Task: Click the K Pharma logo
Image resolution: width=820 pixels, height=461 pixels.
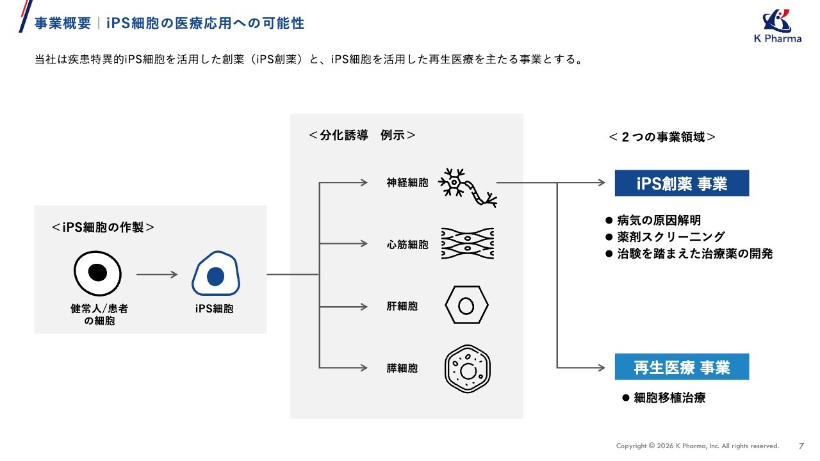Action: click(778, 26)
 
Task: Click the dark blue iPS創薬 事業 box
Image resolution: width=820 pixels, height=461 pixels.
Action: click(682, 183)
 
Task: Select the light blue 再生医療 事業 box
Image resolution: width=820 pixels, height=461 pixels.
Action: click(682, 367)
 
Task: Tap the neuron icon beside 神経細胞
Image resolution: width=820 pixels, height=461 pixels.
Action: click(468, 188)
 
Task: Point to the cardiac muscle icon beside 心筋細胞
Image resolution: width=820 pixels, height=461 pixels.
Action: click(468, 243)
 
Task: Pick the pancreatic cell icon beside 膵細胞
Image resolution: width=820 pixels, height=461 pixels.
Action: click(468, 369)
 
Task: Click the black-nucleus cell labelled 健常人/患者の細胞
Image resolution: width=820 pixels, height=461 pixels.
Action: click(97, 273)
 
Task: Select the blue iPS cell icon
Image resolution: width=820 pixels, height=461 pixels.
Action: click(216, 273)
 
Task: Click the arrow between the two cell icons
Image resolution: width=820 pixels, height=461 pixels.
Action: click(157, 275)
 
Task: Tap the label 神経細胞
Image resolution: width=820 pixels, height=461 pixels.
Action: click(407, 182)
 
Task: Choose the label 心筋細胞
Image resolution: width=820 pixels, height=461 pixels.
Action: click(407, 245)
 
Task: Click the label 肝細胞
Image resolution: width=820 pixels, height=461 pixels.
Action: click(402, 306)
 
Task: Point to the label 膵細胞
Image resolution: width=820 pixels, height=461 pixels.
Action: click(402, 368)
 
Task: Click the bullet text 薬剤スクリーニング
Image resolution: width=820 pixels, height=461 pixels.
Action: click(671, 237)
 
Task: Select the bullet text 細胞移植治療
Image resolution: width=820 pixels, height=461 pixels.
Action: click(669, 398)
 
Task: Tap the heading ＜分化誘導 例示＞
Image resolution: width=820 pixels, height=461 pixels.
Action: click(362, 135)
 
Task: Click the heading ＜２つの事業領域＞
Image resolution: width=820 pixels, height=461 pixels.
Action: click(662, 137)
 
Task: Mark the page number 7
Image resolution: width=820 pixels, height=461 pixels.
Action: click(801, 446)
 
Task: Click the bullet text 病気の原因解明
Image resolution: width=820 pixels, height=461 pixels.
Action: click(659, 220)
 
